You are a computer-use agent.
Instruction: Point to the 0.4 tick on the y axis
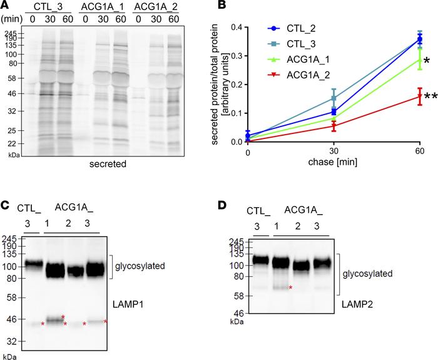(x=237, y=27)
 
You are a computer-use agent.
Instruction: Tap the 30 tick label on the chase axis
(x=334, y=152)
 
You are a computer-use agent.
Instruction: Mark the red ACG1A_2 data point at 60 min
(x=419, y=96)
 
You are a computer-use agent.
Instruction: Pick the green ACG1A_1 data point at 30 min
(x=334, y=117)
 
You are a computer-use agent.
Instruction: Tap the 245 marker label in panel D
(x=237, y=241)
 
